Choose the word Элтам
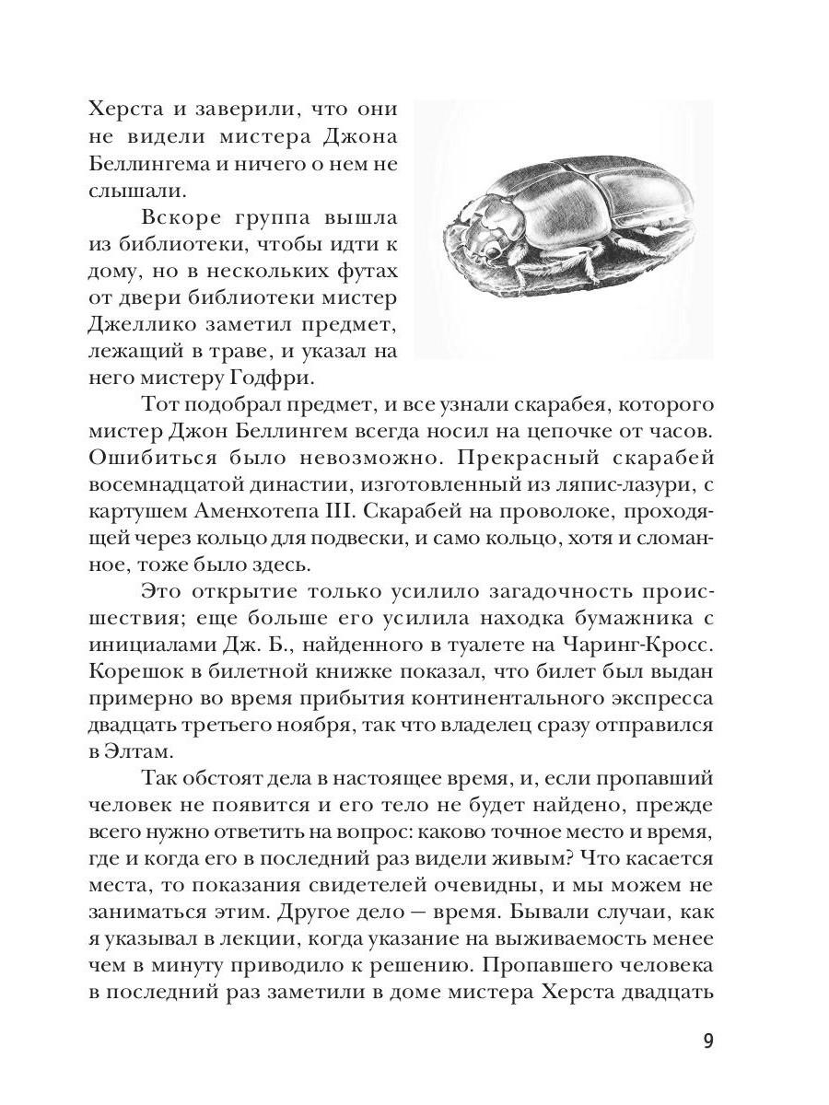click(131, 751)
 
